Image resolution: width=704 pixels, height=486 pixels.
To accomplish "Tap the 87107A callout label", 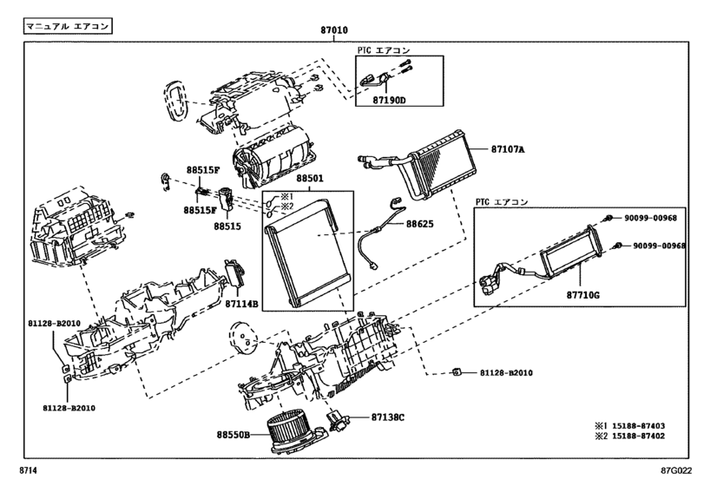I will (x=508, y=148).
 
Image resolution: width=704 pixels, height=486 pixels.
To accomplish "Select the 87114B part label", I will (x=242, y=304).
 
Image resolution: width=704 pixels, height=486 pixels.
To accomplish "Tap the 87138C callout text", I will (x=387, y=417).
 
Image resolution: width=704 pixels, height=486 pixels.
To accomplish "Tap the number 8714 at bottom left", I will (x=30, y=471).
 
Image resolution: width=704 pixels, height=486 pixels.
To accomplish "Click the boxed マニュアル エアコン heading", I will (x=68, y=27).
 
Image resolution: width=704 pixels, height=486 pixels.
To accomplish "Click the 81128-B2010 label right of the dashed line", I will (x=506, y=373).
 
